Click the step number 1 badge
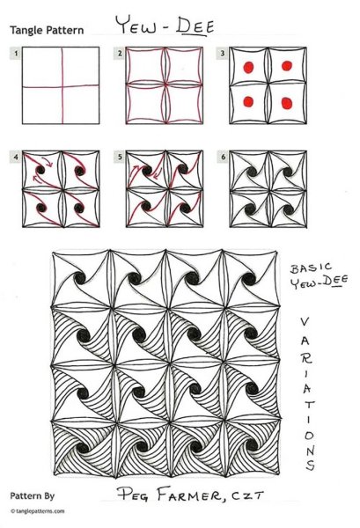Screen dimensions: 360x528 tap(16, 53)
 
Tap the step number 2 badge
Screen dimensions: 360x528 tap(120, 53)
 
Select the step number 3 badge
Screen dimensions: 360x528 tap(223, 53)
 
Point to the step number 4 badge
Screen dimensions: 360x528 tap(16, 157)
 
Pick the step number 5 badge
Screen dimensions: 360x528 tap(120, 157)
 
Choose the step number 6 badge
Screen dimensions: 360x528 tap(223, 157)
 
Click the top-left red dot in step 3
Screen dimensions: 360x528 tap(248, 68)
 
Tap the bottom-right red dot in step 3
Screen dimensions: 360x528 tap(287, 103)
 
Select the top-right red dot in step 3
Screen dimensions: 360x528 tap(287, 66)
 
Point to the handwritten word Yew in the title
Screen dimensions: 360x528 tap(136, 25)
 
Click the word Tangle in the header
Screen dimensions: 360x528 tap(25, 31)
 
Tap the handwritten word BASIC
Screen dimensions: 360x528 tap(312, 268)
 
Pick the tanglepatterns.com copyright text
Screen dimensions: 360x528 tap(37, 511)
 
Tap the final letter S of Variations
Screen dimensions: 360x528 tap(310, 465)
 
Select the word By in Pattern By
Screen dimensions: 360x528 tap(49, 496)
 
